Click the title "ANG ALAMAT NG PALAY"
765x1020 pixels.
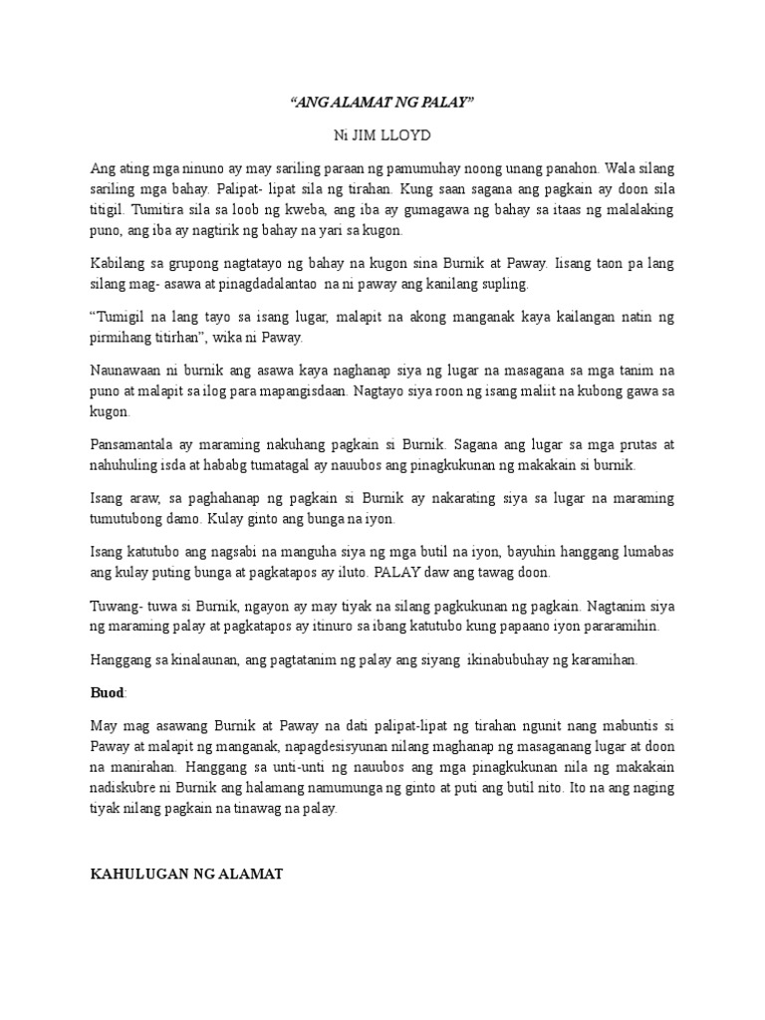(382, 103)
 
